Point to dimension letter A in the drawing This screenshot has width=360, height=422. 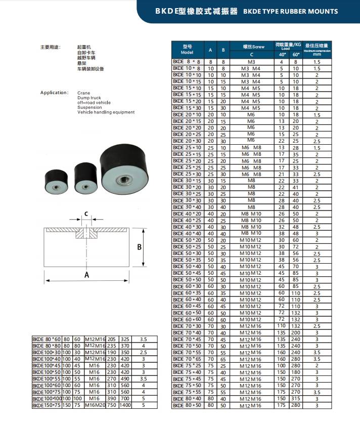(x=86, y=275)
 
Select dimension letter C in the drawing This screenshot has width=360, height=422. (x=86, y=214)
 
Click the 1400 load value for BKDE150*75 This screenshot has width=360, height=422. (x=125, y=405)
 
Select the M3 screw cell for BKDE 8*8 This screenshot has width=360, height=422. (x=251, y=61)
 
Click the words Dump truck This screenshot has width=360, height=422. (x=89, y=98)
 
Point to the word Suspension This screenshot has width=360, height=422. (x=89, y=107)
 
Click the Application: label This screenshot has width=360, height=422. (x=54, y=93)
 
